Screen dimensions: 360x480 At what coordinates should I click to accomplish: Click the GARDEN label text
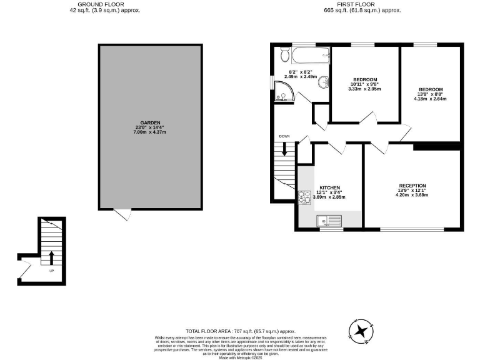[x=150, y=122]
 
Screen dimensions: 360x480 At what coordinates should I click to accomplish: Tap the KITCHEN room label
[x=329, y=188]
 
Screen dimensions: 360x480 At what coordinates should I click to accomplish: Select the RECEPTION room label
[x=412, y=186]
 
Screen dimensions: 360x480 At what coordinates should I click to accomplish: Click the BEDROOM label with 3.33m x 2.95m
[x=364, y=79]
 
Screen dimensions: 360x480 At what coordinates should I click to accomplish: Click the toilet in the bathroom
[x=285, y=55]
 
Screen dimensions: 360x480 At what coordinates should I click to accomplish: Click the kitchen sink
[x=329, y=220]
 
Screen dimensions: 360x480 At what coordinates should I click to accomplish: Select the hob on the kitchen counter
[x=304, y=197]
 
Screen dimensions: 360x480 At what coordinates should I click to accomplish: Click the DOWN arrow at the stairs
[x=284, y=149]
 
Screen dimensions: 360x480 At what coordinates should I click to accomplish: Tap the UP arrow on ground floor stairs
[x=51, y=258]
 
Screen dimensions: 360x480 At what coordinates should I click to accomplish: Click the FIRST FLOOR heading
[x=362, y=4]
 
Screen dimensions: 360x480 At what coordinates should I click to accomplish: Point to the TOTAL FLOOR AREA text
[x=240, y=331]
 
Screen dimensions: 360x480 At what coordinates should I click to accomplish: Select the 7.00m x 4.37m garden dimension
[x=150, y=132]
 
